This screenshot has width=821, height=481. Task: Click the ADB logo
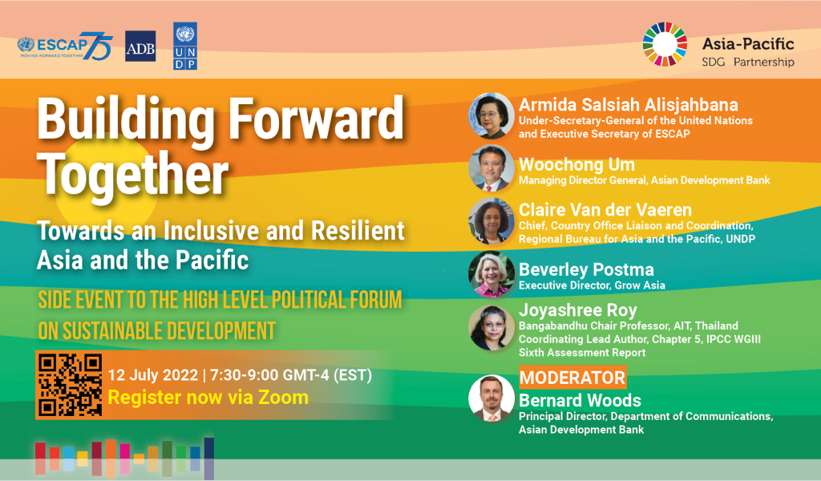coord(140,46)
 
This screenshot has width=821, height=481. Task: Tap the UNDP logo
coord(185,46)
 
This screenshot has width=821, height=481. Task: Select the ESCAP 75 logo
coord(65,46)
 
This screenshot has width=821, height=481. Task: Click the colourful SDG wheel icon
coord(665,44)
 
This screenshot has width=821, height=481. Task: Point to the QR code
coord(71,386)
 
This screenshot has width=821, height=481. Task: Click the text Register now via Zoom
coord(208,398)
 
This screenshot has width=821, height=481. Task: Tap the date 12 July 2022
coord(153,375)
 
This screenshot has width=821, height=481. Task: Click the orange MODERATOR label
coord(572,378)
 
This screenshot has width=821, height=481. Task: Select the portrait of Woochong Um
coord(491,168)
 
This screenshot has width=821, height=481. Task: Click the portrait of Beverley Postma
coord(491,274)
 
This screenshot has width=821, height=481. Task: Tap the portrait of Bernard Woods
coord(491,398)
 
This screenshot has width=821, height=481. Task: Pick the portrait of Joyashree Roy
coord(491,328)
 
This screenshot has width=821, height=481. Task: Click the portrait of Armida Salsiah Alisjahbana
coord(491,115)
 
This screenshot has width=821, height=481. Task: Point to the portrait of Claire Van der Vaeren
coord(491,221)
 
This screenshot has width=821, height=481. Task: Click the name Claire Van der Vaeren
coord(605,210)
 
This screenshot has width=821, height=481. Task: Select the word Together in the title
coord(134,174)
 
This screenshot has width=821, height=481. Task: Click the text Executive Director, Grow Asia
coord(592,285)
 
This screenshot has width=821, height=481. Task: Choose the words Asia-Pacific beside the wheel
coord(748,43)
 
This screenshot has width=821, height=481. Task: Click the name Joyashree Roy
coord(578,310)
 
